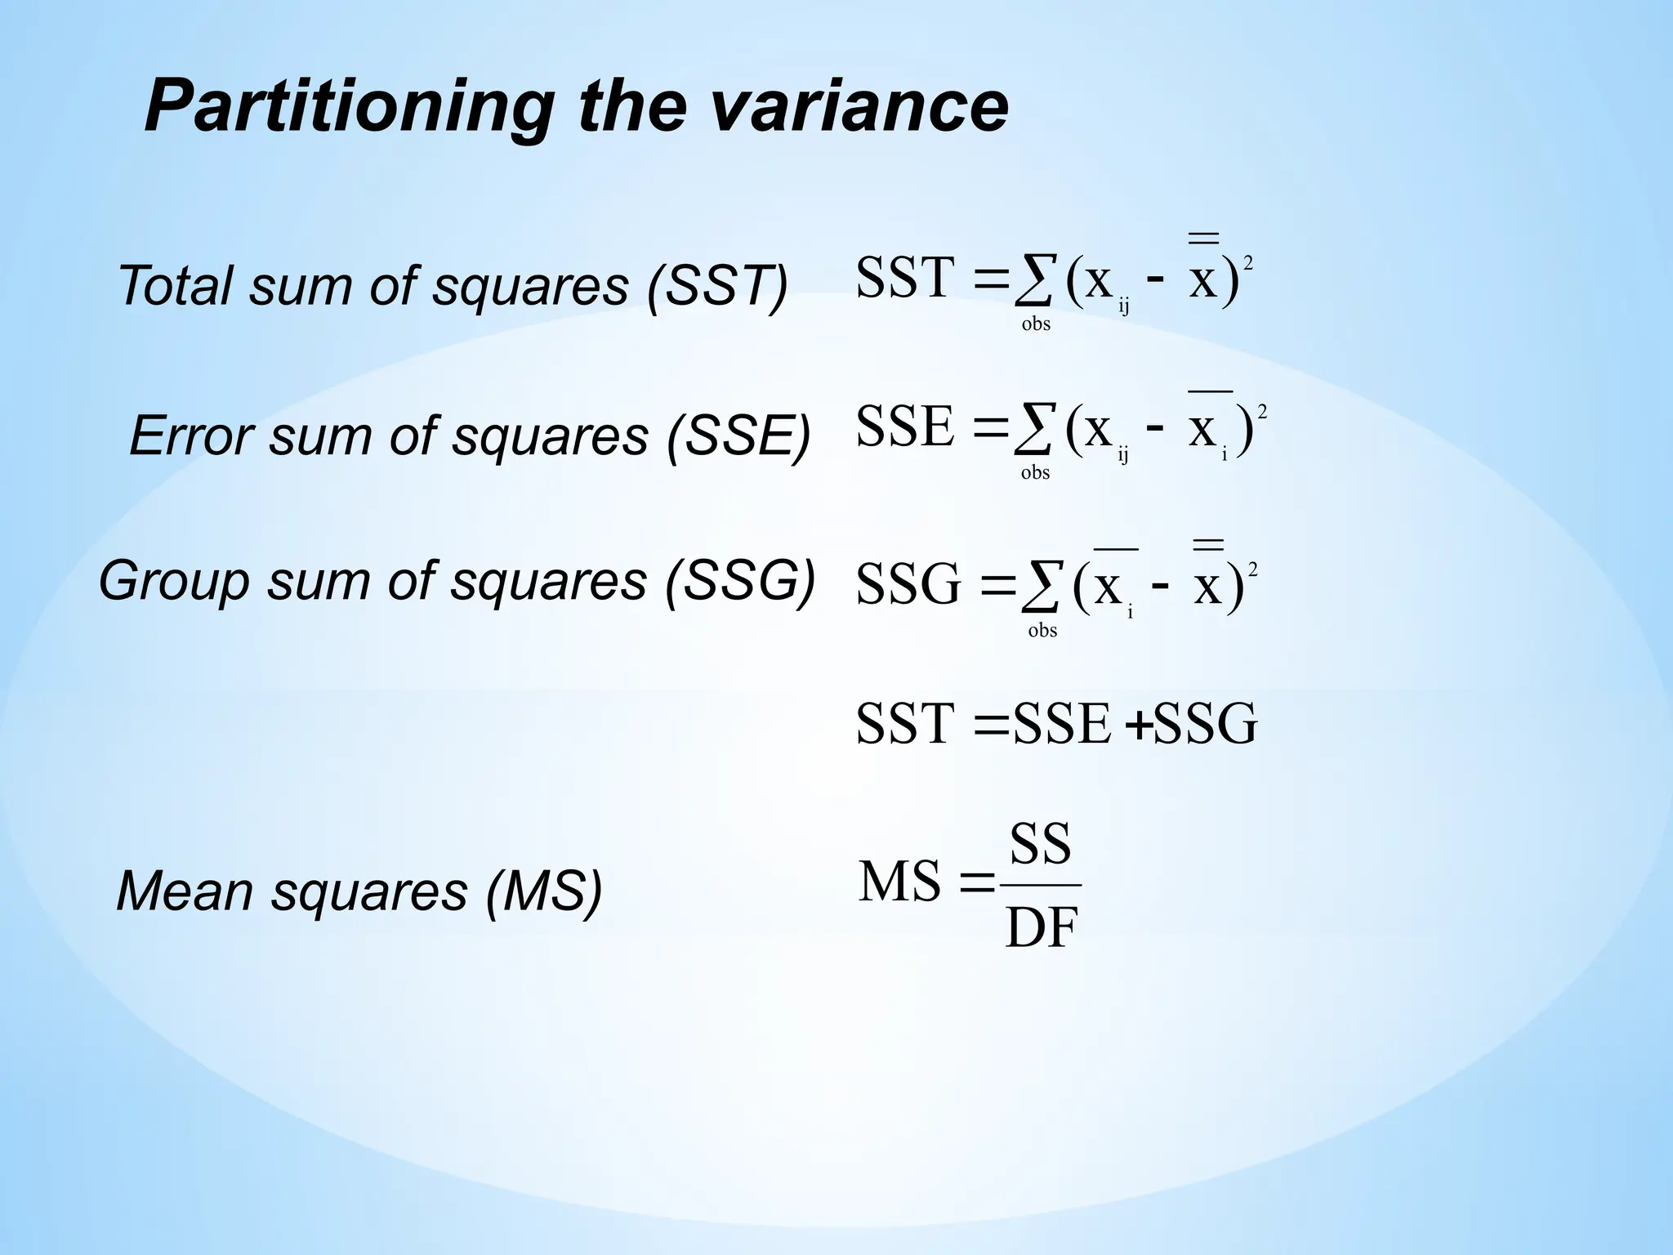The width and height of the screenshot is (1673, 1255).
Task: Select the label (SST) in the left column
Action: point(717,286)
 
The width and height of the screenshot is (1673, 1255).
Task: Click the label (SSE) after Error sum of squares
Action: point(738,435)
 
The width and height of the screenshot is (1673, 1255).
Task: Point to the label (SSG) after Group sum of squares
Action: point(740,581)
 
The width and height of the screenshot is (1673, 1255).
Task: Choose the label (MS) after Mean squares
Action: point(543,891)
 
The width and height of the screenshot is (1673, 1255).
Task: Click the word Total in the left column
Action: point(176,286)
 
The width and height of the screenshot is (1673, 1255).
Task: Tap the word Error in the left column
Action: point(191,435)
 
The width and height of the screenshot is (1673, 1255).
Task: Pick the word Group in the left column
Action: point(174,581)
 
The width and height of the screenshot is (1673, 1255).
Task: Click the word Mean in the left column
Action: point(185,891)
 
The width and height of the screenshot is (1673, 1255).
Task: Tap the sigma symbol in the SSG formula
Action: point(1041,587)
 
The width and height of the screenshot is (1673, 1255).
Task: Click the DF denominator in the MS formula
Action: point(1042,928)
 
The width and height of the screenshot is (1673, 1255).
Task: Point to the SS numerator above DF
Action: point(1040,845)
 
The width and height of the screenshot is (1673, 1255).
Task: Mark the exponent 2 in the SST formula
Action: point(1247,263)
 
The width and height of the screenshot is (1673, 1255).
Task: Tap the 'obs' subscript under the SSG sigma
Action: point(1042,631)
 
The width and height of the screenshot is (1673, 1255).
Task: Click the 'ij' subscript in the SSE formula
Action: point(1123,455)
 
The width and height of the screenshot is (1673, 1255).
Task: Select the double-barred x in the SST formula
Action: point(1203,270)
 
